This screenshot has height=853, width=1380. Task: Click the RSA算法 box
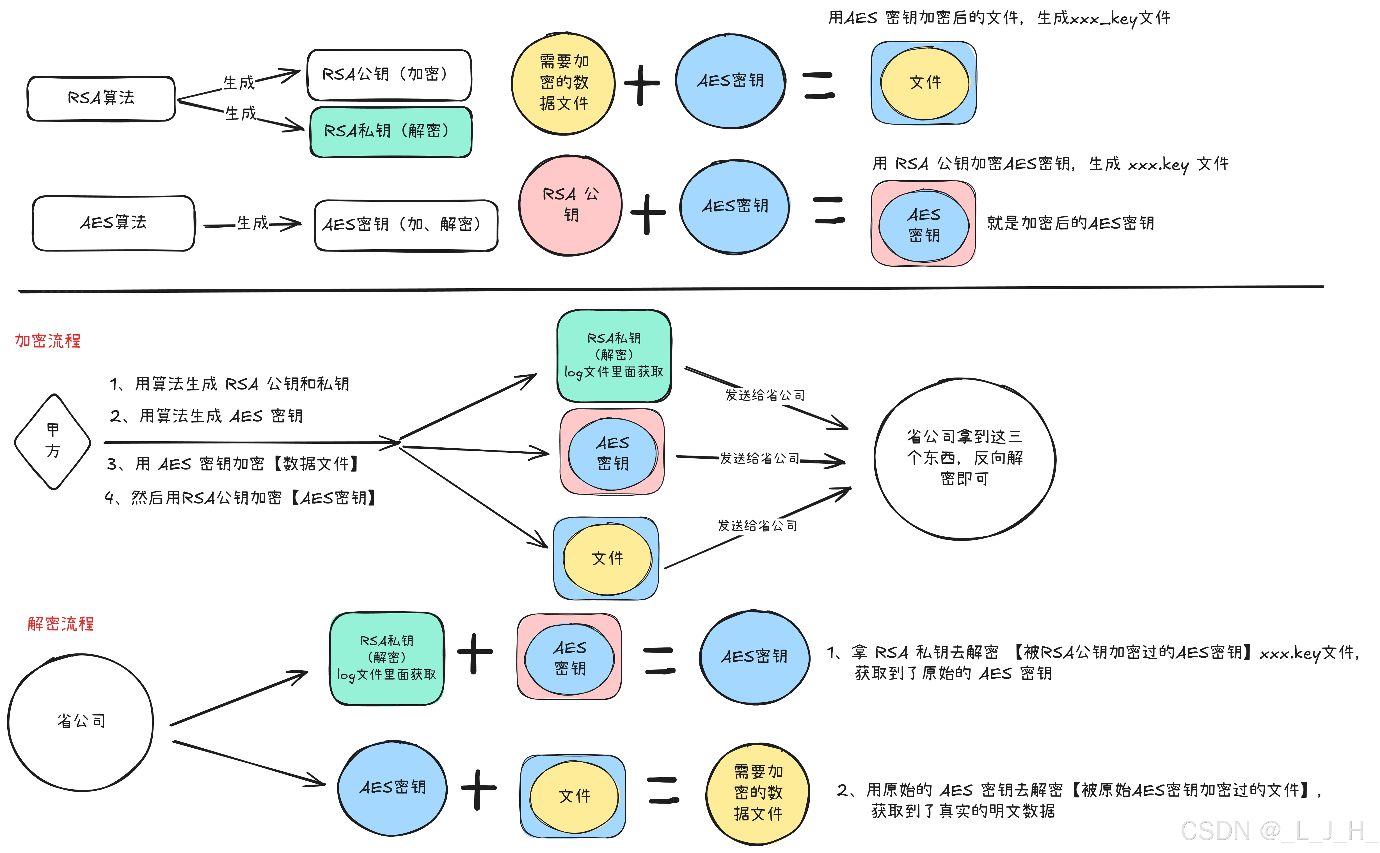tap(101, 98)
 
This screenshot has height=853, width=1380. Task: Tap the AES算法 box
tap(113, 223)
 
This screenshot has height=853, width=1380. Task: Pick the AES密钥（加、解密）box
tap(406, 225)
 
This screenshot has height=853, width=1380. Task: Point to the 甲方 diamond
tap(52, 441)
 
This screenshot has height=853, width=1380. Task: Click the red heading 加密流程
tap(48, 341)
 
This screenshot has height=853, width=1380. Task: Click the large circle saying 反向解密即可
tap(964, 458)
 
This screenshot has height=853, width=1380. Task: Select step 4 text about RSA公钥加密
tap(241, 498)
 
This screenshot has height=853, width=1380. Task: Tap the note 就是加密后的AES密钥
tap(1070, 223)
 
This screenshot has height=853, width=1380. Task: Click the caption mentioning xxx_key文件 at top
tap(998, 18)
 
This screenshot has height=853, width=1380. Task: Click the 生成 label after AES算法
tap(252, 223)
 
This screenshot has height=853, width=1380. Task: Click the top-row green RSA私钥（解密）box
tap(390, 131)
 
